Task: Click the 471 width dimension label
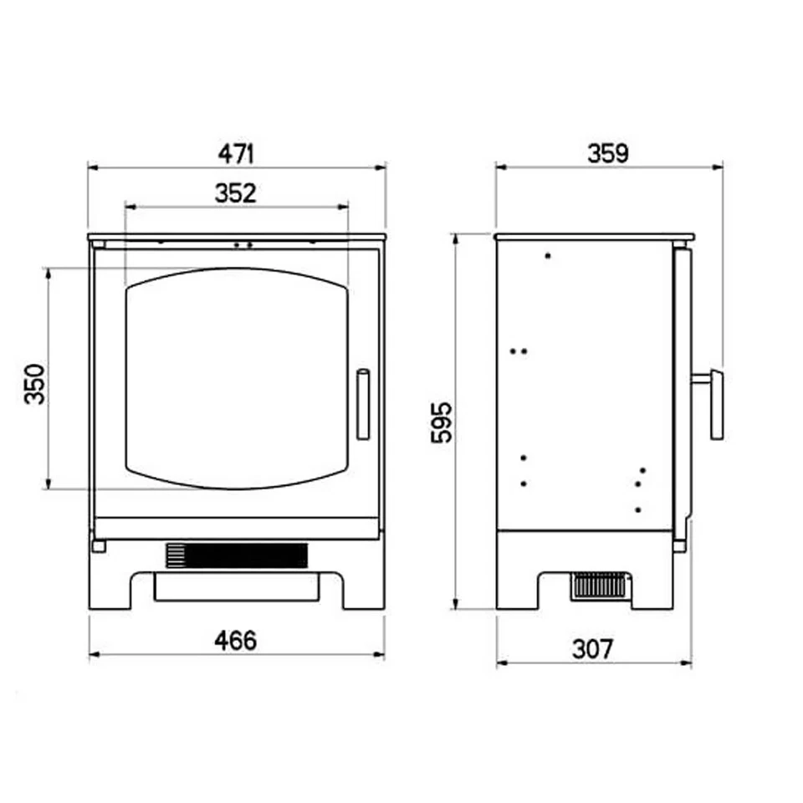[236, 153]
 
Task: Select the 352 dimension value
[235, 192]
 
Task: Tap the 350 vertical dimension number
[34, 384]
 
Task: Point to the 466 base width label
[235, 641]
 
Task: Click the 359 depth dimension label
[607, 153]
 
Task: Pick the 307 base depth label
[593, 648]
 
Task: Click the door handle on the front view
[363, 404]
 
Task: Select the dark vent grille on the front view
[237, 555]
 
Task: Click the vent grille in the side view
[599, 586]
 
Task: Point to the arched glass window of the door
[236, 378]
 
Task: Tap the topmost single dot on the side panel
[548, 255]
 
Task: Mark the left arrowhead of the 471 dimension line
[92, 167]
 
